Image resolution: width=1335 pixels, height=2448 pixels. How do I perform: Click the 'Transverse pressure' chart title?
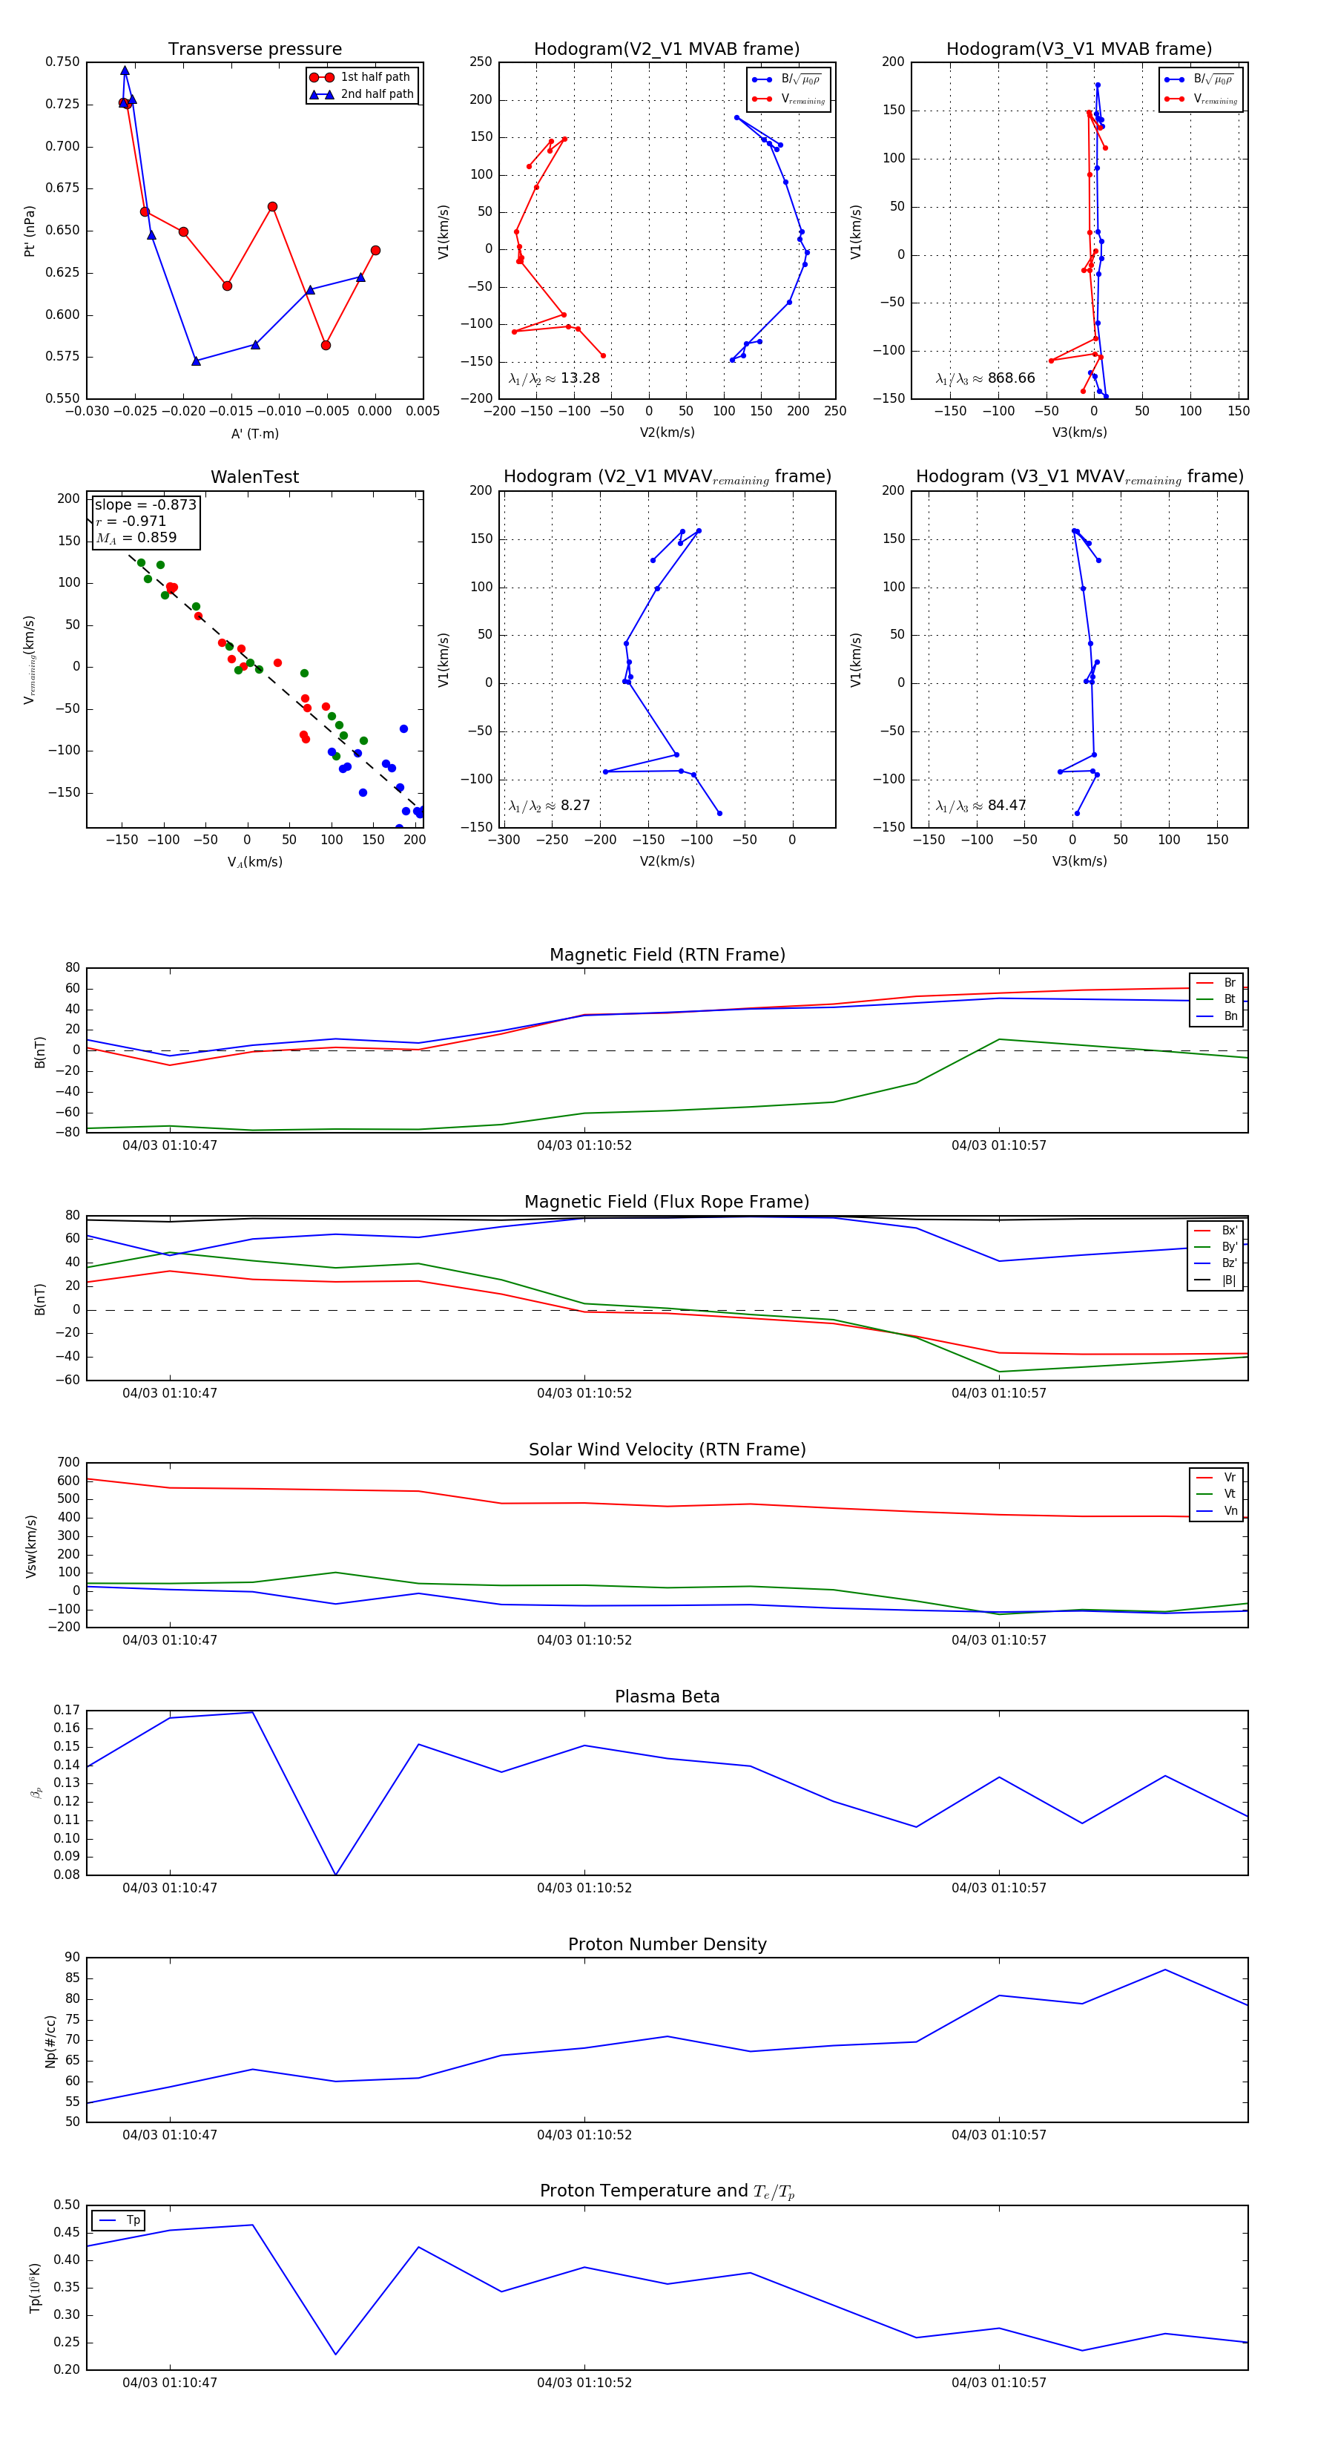tap(254, 50)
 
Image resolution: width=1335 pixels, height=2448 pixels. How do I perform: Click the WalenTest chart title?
tap(254, 477)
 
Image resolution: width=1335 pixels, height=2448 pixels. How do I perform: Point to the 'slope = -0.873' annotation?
tap(145, 504)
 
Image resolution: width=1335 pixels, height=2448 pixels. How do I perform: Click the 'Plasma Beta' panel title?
tap(667, 1697)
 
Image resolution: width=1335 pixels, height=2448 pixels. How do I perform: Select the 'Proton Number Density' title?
tap(667, 1944)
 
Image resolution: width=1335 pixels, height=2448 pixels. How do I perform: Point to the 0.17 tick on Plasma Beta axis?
tap(67, 1711)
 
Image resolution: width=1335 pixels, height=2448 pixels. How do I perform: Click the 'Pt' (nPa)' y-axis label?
tap(30, 231)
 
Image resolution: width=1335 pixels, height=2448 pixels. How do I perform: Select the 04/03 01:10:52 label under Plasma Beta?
tap(584, 1888)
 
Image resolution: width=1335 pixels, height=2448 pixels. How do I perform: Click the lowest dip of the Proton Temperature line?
tap(335, 2354)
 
